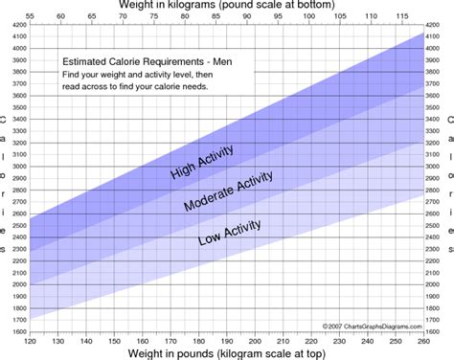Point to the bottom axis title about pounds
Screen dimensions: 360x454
[230, 353]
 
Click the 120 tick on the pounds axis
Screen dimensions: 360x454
[32, 340]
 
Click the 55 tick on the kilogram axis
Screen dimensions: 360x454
[32, 18]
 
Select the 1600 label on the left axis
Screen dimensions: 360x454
[18, 330]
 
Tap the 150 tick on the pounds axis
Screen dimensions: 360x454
[114, 340]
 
